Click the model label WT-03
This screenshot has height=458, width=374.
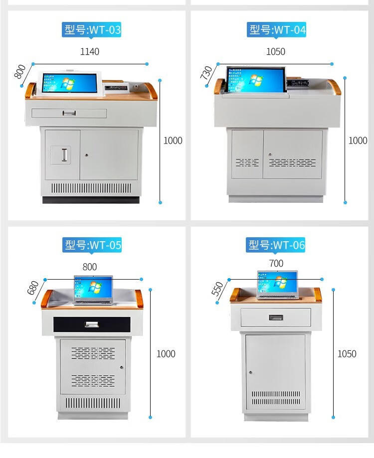tap(91, 30)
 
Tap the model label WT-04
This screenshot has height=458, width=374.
tap(276, 30)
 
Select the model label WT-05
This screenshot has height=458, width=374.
tap(92, 245)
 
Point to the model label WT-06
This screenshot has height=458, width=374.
tap(276, 245)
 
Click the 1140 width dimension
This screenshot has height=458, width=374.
tap(90, 52)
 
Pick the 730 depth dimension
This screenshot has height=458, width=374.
tap(206, 72)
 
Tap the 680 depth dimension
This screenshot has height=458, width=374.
tap(33, 288)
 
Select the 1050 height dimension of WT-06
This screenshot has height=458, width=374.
tap(347, 354)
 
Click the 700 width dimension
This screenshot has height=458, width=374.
tap(276, 264)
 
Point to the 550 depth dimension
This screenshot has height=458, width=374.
tap(217, 289)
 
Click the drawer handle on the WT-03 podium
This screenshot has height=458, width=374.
tap(69, 113)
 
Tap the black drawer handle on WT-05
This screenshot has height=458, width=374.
tap(92, 324)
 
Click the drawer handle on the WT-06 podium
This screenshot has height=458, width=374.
tap(276, 317)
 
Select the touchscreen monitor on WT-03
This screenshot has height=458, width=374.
tap(70, 83)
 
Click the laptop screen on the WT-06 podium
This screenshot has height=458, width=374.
tap(278, 282)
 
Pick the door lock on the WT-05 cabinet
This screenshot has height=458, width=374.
tap(122, 367)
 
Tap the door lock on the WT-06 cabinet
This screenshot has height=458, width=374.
tap(250, 372)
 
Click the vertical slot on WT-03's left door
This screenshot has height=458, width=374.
tap(64, 154)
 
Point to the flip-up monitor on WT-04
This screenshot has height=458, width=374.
tap(256, 79)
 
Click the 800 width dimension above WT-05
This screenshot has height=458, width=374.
tap(90, 267)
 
